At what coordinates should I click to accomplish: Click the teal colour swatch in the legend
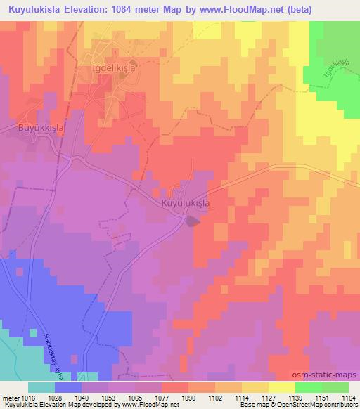pyautogui.click(x=41, y=387)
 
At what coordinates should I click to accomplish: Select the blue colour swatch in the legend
pyautogui.click(x=68, y=387)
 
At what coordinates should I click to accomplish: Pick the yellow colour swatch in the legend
pyautogui.click(x=282, y=387)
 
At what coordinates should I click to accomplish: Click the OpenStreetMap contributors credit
pyautogui.click(x=317, y=405)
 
